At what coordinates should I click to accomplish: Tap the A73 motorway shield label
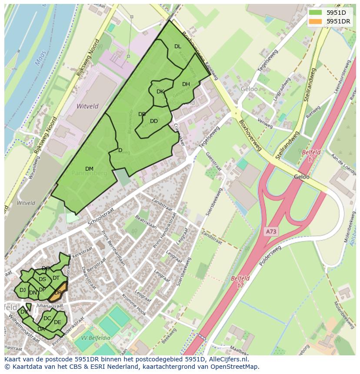(x=271, y=232)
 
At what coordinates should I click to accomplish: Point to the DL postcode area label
(x=177, y=46)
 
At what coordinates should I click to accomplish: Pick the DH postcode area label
(x=186, y=84)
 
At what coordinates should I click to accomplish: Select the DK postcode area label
(x=160, y=92)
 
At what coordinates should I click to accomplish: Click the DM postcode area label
(x=89, y=169)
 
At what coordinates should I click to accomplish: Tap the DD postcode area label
(x=153, y=121)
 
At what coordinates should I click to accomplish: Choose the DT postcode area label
(x=56, y=278)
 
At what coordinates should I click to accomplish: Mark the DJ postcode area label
(x=23, y=290)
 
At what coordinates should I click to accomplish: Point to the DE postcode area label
(x=57, y=322)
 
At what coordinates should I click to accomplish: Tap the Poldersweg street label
(x=270, y=255)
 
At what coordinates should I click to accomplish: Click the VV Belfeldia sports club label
(x=96, y=338)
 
